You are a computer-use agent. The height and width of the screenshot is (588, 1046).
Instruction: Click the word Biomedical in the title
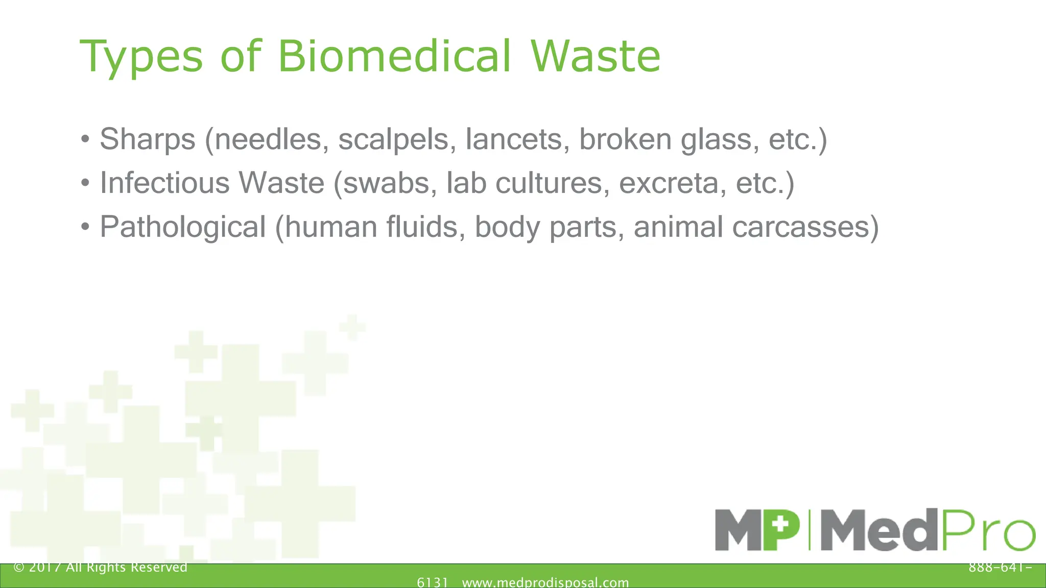coord(394,56)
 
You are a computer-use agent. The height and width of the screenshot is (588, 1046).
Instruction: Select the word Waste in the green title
coord(596,56)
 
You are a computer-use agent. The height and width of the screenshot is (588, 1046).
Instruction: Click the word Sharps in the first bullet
coord(148,139)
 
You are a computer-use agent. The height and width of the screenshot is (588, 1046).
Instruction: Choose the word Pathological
coord(183,227)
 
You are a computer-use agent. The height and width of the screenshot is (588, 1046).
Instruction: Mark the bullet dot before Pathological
coord(85,226)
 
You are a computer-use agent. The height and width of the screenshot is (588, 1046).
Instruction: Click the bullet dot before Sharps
coord(85,139)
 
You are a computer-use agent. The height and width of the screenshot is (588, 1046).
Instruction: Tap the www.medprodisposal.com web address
coord(545,582)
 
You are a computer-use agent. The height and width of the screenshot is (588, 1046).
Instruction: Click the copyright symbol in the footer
coord(19,568)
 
